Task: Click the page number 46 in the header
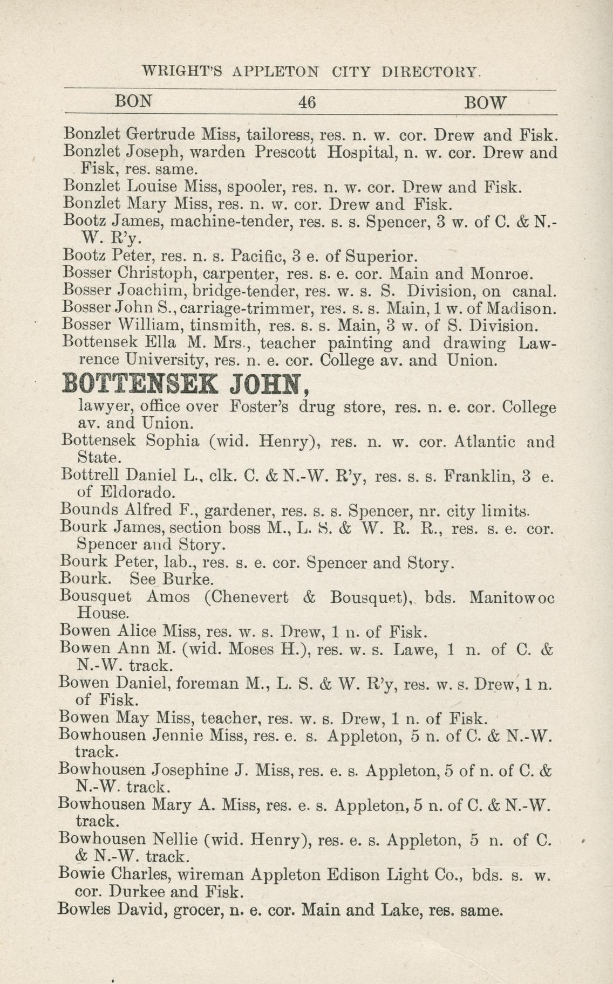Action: point(306,102)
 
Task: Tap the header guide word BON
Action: point(134,101)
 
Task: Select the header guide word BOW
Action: point(486,102)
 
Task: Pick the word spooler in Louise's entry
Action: point(257,187)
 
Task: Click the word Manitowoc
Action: point(512,597)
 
